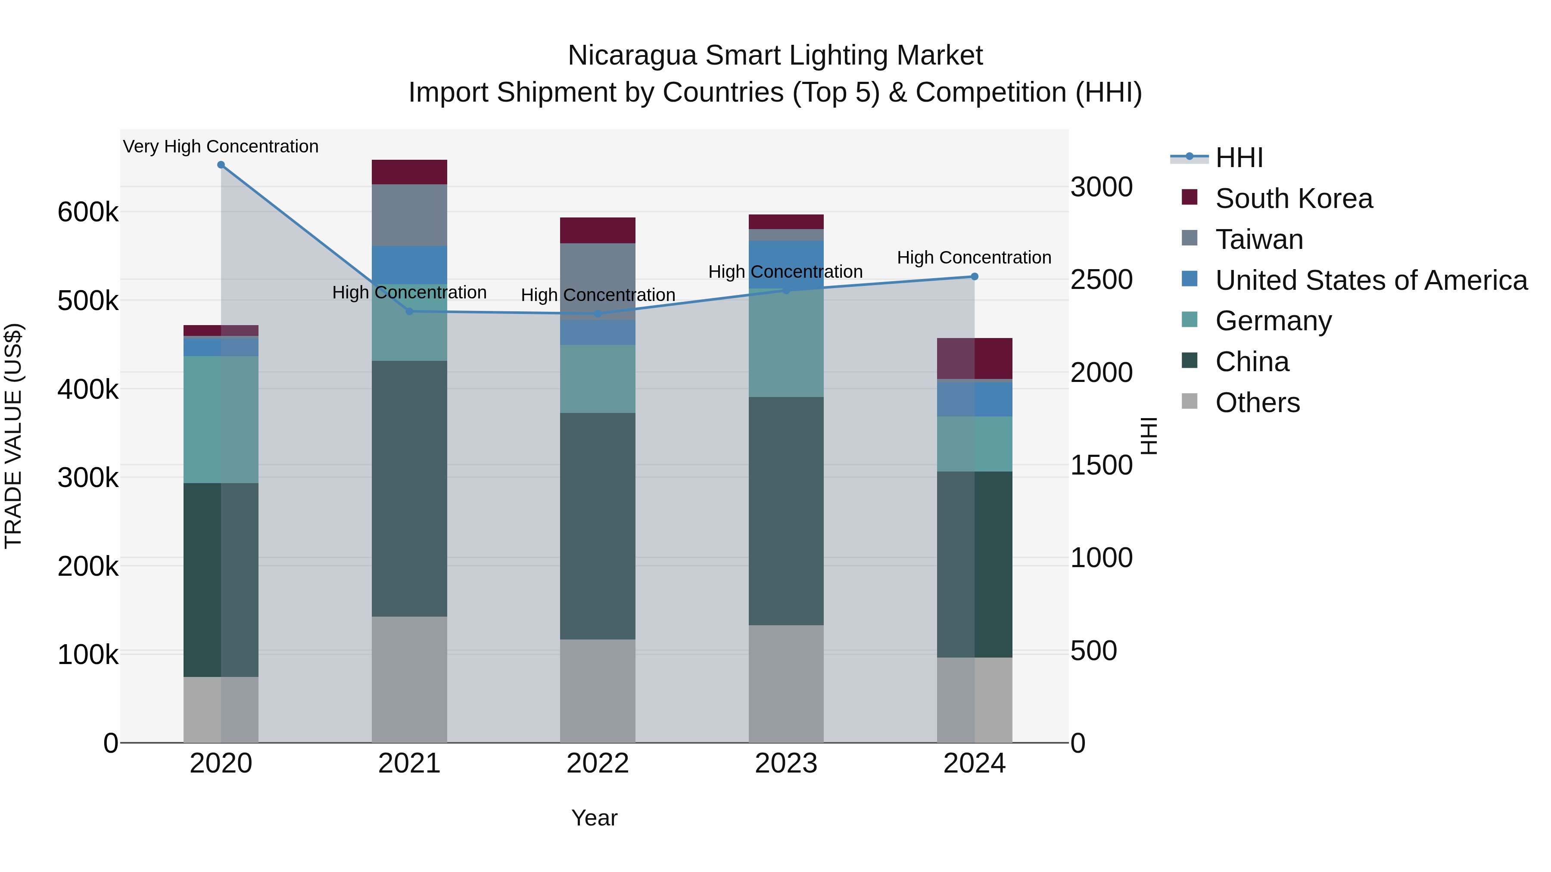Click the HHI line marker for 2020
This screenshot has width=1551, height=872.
click(221, 165)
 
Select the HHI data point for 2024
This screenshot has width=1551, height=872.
click(975, 277)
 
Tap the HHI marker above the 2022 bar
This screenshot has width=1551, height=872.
click(598, 313)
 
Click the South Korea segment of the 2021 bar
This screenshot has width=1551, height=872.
click(409, 172)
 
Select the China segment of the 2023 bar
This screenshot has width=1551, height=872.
click(786, 512)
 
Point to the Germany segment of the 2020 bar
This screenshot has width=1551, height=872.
click(221, 419)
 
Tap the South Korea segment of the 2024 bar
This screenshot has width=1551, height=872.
click(975, 359)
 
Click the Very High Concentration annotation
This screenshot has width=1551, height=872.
click(221, 147)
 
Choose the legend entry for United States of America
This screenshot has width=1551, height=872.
click(1371, 280)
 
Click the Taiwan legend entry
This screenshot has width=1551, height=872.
click(1259, 239)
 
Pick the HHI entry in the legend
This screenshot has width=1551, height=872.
click(1239, 158)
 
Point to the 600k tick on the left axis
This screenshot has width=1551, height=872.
click(88, 212)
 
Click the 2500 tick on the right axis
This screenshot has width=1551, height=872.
click(1101, 280)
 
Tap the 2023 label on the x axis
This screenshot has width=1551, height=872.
click(786, 763)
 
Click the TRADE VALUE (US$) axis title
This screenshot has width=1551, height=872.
click(13, 436)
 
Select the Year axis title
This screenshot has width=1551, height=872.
click(594, 818)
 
